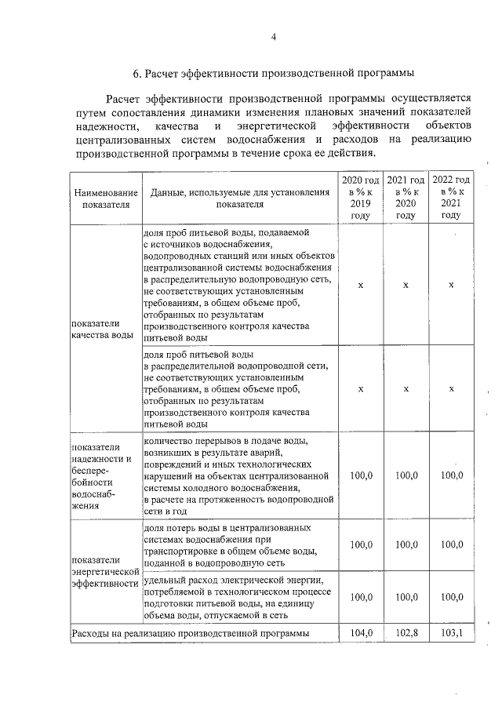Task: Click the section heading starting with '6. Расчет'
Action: pos(274,74)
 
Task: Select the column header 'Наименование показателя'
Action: pos(105,198)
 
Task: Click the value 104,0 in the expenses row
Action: pos(360,632)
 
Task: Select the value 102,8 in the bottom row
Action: pos(406,632)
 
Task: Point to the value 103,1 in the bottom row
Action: pos(451,632)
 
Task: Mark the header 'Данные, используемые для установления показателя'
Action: pos(240,198)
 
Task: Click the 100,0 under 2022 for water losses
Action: pos(451,544)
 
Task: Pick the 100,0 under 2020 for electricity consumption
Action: pos(360,597)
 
